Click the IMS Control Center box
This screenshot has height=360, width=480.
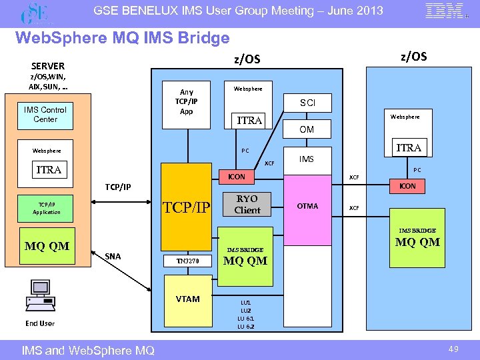click(x=45, y=115)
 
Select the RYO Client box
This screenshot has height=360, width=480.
click(x=247, y=205)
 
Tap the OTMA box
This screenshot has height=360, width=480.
click(x=307, y=206)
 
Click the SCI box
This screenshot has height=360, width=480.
click(x=307, y=103)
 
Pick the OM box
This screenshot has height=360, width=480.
click(x=307, y=130)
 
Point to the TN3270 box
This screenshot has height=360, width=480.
click(x=187, y=261)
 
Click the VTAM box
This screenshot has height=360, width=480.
click(x=187, y=299)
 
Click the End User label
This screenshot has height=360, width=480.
click(x=40, y=323)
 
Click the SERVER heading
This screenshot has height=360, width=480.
click(x=48, y=66)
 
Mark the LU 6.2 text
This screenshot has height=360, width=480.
click(x=245, y=327)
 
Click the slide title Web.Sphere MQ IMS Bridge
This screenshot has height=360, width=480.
click(x=122, y=39)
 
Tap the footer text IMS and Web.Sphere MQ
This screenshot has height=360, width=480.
click(x=88, y=350)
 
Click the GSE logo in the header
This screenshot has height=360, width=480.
click(x=35, y=12)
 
